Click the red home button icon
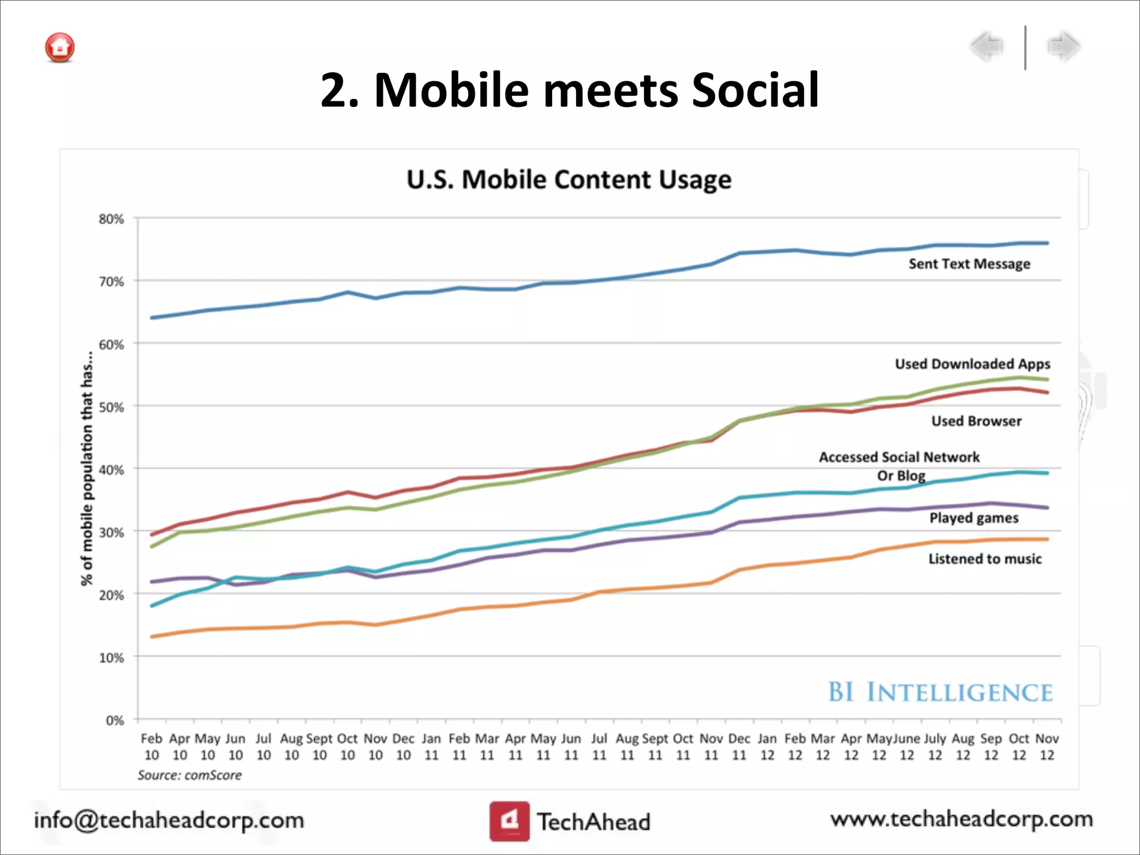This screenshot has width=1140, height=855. pyautogui.click(x=60, y=47)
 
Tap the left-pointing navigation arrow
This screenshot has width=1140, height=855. pyautogui.click(x=987, y=46)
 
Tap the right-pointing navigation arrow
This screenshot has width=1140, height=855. pyautogui.click(x=1064, y=46)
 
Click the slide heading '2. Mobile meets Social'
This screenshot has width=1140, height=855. pyautogui.click(x=569, y=90)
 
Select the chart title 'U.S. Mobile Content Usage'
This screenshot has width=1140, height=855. pyautogui.click(x=569, y=180)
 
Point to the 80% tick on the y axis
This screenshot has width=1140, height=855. pyautogui.click(x=111, y=219)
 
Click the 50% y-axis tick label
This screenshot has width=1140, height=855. pyautogui.click(x=111, y=407)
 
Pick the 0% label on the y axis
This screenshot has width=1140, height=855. pyautogui.click(x=115, y=720)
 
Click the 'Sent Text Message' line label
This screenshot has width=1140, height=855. pyautogui.click(x=969, y=264)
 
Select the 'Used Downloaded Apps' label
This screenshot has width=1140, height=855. pyautogui.click(x=972, y=364)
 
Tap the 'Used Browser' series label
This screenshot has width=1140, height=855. pyautogui.click(x=976, y=421)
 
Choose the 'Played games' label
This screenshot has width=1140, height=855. pyautogui.click(x=974, y=518)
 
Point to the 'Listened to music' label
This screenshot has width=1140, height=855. pyautogui.click(x=985, y=559)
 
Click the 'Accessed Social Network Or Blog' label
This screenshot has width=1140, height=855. pyautogui.click(x=900, y=466)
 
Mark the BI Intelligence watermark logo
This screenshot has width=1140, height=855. pyautogui.click(x=940, y=692)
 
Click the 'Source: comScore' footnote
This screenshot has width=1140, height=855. pyautogui.click(x=189, y=775)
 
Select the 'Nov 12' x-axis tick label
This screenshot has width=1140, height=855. pyautogui.click(x=1046, y=746)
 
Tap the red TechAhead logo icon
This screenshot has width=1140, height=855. pyautogui.click(x=509, y=820)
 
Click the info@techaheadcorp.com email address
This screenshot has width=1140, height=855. pyautogui.click(x=169, y=820)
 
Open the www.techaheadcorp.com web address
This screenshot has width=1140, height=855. pyautogui.click(x=961, y=819)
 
